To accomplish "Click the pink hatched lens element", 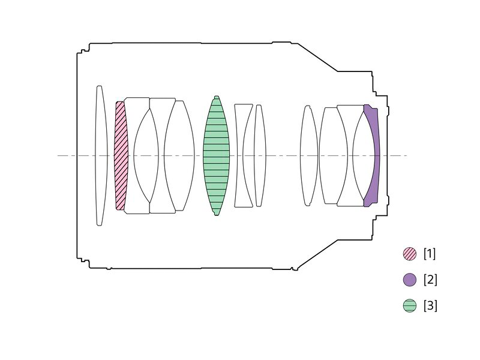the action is pyautogui.click(x=121, y=155).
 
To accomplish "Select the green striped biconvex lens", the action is pyautogui.click(x=216, y=155).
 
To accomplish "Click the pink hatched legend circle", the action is pyautogui.click(x=410, y=254).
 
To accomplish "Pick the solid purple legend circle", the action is pyautogui.click(x=410, y=280).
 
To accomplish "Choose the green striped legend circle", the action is pyautogui.click(x=410, y=305).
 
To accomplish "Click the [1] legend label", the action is pyautogui.click(x=430, y=254).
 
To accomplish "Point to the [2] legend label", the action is pyautogui.click(x=430, y=280).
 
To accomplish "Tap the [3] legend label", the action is pyautogui.click(x=430, y=305).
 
